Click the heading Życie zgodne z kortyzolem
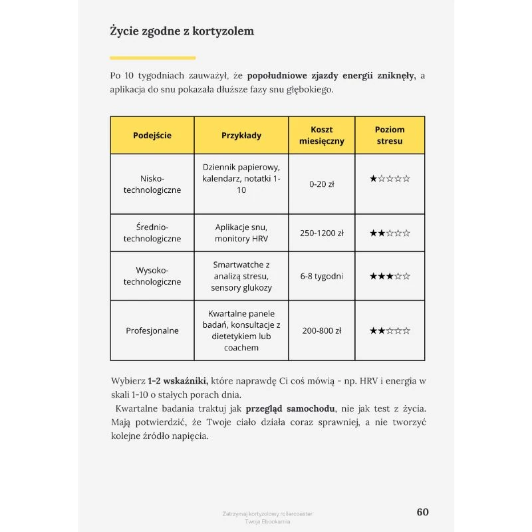[x=182, y=31]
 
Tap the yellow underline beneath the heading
[x=152, y=58]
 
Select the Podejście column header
[x=152, y=136]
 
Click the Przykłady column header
[x=241, y=136]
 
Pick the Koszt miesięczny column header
[x=322, y=136]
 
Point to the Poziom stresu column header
[x=390, y=136]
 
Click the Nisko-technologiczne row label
[x=152, y=184]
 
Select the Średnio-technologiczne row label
[x=152, y=233]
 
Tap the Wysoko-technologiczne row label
[x=152, y=276]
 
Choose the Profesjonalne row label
[x=152, y=331]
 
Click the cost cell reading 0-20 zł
[x=322, y=184]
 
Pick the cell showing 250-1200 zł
[x=322, y=233]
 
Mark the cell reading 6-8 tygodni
[x=322, y=276]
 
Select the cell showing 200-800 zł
[x=322, y=331]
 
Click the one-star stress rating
[x=390, y=178]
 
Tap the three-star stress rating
[x=390, y=276]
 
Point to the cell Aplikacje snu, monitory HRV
[x=241, y=233]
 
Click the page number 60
[x=422, y=511]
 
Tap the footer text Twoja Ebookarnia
[x=268, y=521]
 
